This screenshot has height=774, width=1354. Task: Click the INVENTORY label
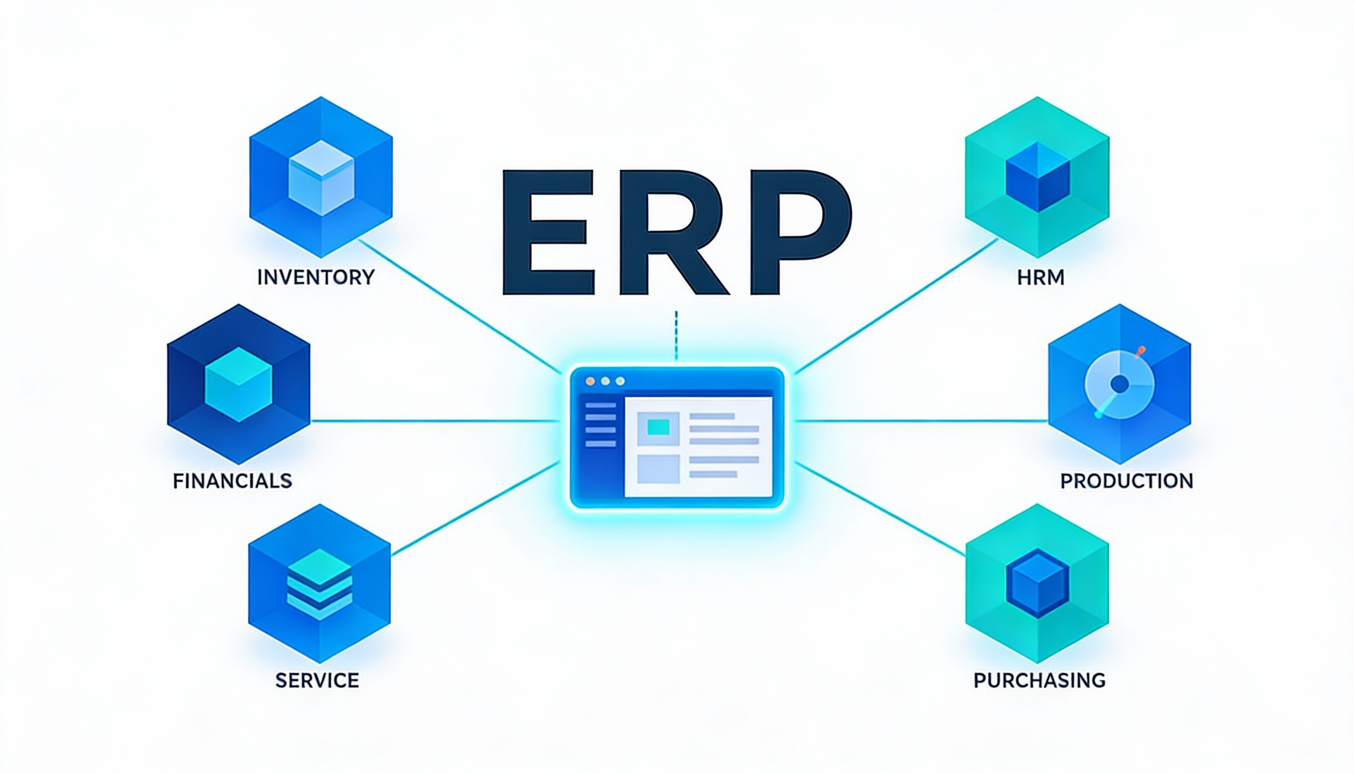pyautogui.click(x=316, y=277)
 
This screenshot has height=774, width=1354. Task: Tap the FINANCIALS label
pyautogui.click(x=232, y=481)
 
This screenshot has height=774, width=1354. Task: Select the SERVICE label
pyautogui.click(x=317, y=680)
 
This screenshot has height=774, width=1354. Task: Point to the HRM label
pyautogui.click(x=1041, y=277)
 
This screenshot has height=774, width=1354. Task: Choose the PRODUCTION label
pyautogui.click(x=1126, y=481)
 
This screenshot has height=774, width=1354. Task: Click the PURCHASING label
pyautogui.click(x=1039, y=680)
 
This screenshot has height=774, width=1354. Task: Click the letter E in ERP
pyautogui.click(x=548, y=232)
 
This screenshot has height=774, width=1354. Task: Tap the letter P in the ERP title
pyautogui.click(x=797, y=232)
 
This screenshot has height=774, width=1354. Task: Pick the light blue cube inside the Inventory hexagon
pyautogui.click(x=321, y=177)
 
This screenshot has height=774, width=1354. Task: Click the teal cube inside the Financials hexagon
pyautogui.click(x=239, y=384)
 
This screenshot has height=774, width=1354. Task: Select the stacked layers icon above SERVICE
pyautogui.click(x=319, y=584)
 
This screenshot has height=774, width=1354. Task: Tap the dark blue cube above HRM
pyautogui.click(x=1038, y=176)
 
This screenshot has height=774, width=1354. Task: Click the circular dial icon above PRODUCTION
pyautogui.click(x=1119, y=384)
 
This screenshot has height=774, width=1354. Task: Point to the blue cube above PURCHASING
pyautogui.click(x=1037, y=584)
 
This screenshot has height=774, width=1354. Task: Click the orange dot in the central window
pyautogui.click(x=590, y=381)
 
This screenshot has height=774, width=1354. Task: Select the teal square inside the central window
pyautogui.click(x=658, y=427)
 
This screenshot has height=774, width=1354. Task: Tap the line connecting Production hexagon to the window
pyautogui.click(x=919, y=421)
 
